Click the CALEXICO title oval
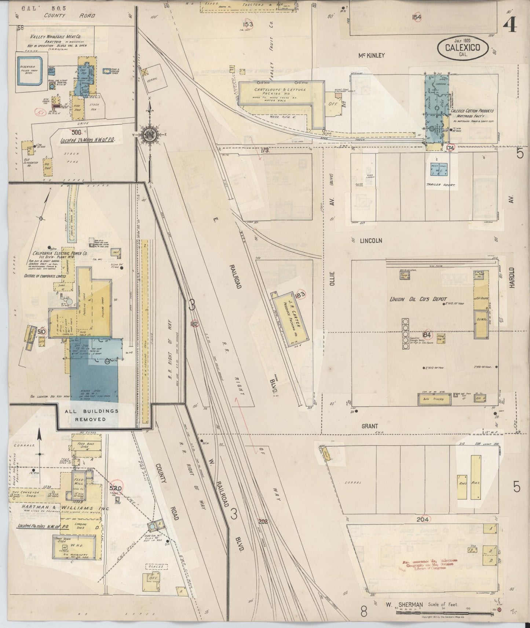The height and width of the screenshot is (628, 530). (x=463, y=47)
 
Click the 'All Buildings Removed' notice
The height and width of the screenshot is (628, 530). (x=92, y=415)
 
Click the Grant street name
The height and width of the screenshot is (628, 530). (x=370, y=426)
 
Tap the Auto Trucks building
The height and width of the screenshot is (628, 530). (x=434, y=399)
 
